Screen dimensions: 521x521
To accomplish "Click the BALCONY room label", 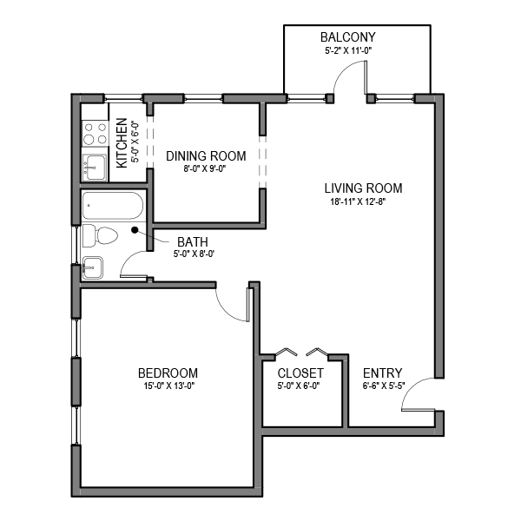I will coord(347,37).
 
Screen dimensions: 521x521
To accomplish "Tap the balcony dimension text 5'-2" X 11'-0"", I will coord(347,50).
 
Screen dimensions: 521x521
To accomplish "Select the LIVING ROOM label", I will coord(363,188).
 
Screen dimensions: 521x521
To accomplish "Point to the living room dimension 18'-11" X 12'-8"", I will coord(363,202).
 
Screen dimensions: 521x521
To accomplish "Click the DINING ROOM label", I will coord(206,156).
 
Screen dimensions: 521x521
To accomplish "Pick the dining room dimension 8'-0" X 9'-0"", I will coord(206,169).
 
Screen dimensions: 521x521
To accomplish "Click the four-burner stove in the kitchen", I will coord(94,133).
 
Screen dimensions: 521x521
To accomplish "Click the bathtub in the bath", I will coord(112,206).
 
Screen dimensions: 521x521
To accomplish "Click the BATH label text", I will coord(192,241).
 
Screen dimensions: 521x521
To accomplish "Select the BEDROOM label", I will coord(168,373).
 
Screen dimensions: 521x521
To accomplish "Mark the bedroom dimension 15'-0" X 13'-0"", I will coord(168,386).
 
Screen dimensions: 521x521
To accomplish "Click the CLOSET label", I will coord(300,373).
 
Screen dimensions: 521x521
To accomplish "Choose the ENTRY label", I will coord(382,373).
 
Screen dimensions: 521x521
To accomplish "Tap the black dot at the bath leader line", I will coord(135,230).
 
